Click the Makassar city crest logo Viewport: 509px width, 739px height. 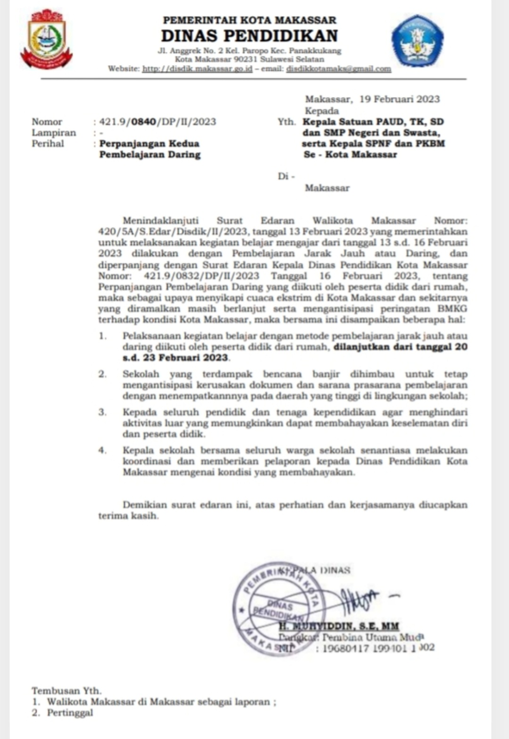coord(46,39)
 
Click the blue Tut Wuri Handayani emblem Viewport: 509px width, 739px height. coord(417,41)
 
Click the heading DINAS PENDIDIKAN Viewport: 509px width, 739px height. coord(249,36)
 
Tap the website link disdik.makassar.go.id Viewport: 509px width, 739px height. coord(197,69)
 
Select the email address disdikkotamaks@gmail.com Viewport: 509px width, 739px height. coord(338,69)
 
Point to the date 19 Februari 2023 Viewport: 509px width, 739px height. coord(399,99)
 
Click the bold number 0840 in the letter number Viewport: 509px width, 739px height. coord(144,122)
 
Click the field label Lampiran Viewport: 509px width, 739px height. coord(54,133)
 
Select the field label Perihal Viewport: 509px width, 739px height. coord(48,144)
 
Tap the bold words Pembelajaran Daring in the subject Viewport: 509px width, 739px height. coord(150,154)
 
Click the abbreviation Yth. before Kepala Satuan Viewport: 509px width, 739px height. coord(287,122)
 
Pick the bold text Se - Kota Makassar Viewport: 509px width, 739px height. coord(350,154)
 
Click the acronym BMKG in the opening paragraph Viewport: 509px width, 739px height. coord(452,309)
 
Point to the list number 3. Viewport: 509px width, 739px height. coord(102,412)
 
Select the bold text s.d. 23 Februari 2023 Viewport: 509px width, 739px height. coord(176,357)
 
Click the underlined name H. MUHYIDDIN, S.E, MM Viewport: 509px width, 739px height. coord(338,626)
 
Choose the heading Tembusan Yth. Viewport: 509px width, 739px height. coord(66,691)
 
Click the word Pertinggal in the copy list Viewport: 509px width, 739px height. coord(70,713)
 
